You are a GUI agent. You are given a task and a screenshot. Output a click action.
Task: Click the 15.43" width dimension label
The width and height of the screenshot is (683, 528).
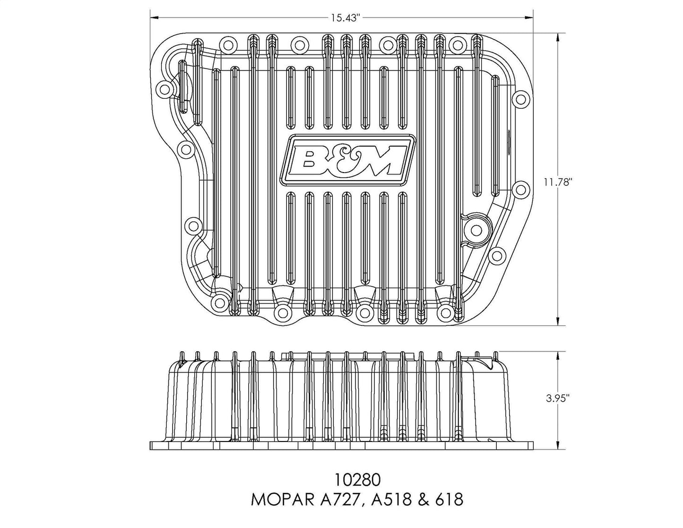(x=345, y=18)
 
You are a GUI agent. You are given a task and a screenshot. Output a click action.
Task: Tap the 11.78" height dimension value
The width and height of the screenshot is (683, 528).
(x=557, y=182)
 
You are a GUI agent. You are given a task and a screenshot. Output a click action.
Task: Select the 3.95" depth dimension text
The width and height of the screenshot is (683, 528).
(x=558, y=398)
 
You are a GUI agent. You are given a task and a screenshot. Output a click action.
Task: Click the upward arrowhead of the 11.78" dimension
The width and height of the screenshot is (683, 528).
(x=558, y=38)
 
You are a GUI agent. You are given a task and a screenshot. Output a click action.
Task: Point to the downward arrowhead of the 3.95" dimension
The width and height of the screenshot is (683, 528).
(x=558, y=446)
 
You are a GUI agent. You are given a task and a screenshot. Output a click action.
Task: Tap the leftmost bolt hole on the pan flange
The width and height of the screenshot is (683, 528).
(x=164, y=89)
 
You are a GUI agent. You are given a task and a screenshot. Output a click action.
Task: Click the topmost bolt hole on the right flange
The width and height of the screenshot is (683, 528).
(x=521, y=98)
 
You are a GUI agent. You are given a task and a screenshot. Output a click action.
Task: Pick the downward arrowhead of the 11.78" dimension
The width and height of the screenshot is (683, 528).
(x=558, y=320)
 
